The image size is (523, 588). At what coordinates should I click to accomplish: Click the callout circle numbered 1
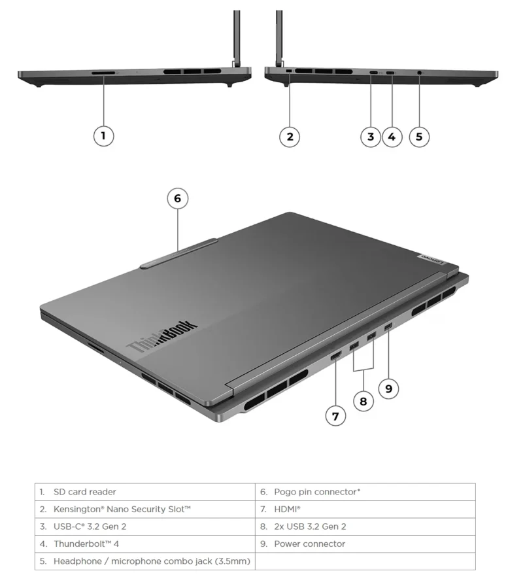[103, 136]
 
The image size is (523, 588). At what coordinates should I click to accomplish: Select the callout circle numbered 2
[290, 136]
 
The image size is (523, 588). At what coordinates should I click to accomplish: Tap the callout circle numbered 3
[371, 136]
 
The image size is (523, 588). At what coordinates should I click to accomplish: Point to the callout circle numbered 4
[392, 136]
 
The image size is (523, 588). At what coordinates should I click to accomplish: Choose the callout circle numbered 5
[419, 136]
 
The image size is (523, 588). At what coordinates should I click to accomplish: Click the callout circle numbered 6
[177, 198]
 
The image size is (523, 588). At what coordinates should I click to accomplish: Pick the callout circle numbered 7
[335, 415]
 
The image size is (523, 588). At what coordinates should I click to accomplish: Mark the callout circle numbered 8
[363, 401]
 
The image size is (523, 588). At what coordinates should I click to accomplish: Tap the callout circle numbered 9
[388, 389]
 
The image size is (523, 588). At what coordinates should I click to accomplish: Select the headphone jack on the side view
[418, 72]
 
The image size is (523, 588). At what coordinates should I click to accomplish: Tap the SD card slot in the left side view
[103, 73]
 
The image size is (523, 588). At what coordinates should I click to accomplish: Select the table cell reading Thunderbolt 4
[144, 544]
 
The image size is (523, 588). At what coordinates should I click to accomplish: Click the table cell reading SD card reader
[144, 492]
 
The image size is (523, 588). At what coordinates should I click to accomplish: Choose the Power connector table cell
[365, 544]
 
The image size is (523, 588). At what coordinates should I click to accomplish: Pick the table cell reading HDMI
[365, 509]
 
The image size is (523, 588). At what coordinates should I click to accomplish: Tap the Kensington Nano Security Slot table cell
[144, 509]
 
